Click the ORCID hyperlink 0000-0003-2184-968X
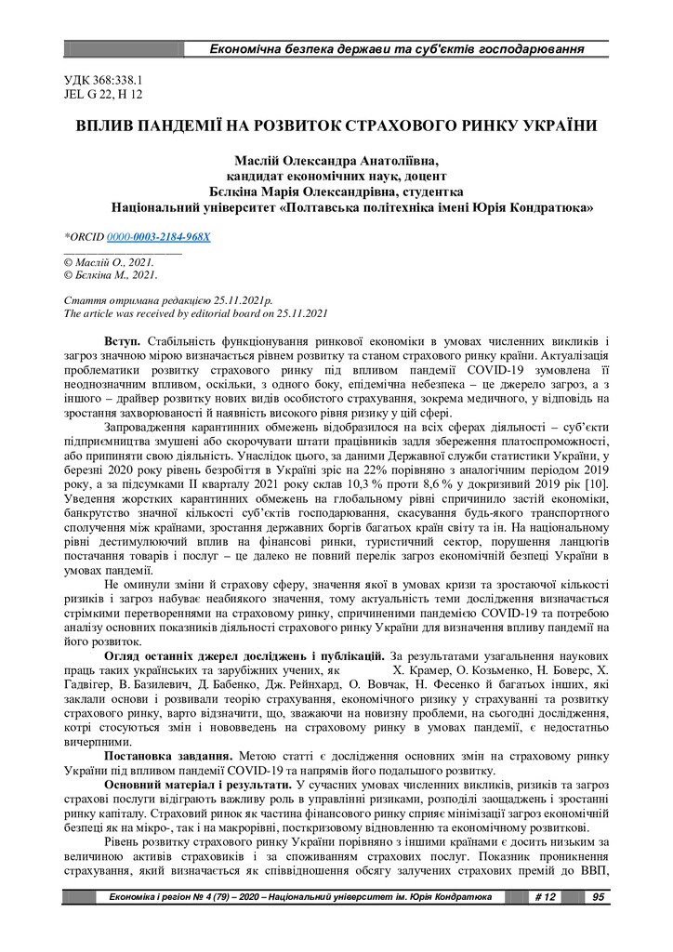[x=159, y=237]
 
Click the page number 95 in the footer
[x=597, y=897]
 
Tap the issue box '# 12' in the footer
[x=546, y=897]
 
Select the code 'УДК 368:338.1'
[x=102, y=81]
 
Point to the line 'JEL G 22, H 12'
[x=102, y=94]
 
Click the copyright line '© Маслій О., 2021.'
[x=108, y=263]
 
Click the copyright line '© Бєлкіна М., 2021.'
[x=111, y=275]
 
